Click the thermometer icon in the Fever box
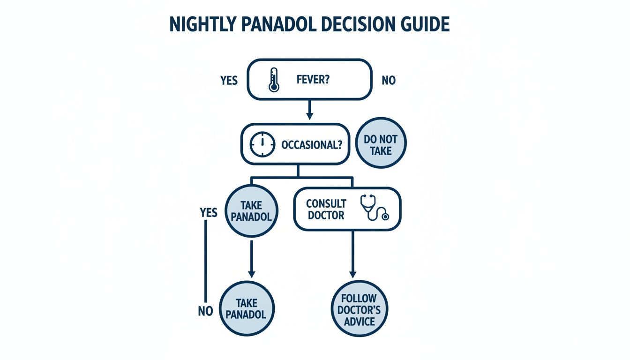coord(273,80)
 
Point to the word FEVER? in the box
coord(313,80)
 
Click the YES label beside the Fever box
coord(229,81)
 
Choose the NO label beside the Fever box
coord(388,81)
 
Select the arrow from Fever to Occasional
coord(309,110)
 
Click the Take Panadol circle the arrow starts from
coord(251,211)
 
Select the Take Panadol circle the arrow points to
coord(247,308)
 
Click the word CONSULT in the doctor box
coord(326,204)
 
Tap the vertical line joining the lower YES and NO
coord(205,262)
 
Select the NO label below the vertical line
coord(205,311)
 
